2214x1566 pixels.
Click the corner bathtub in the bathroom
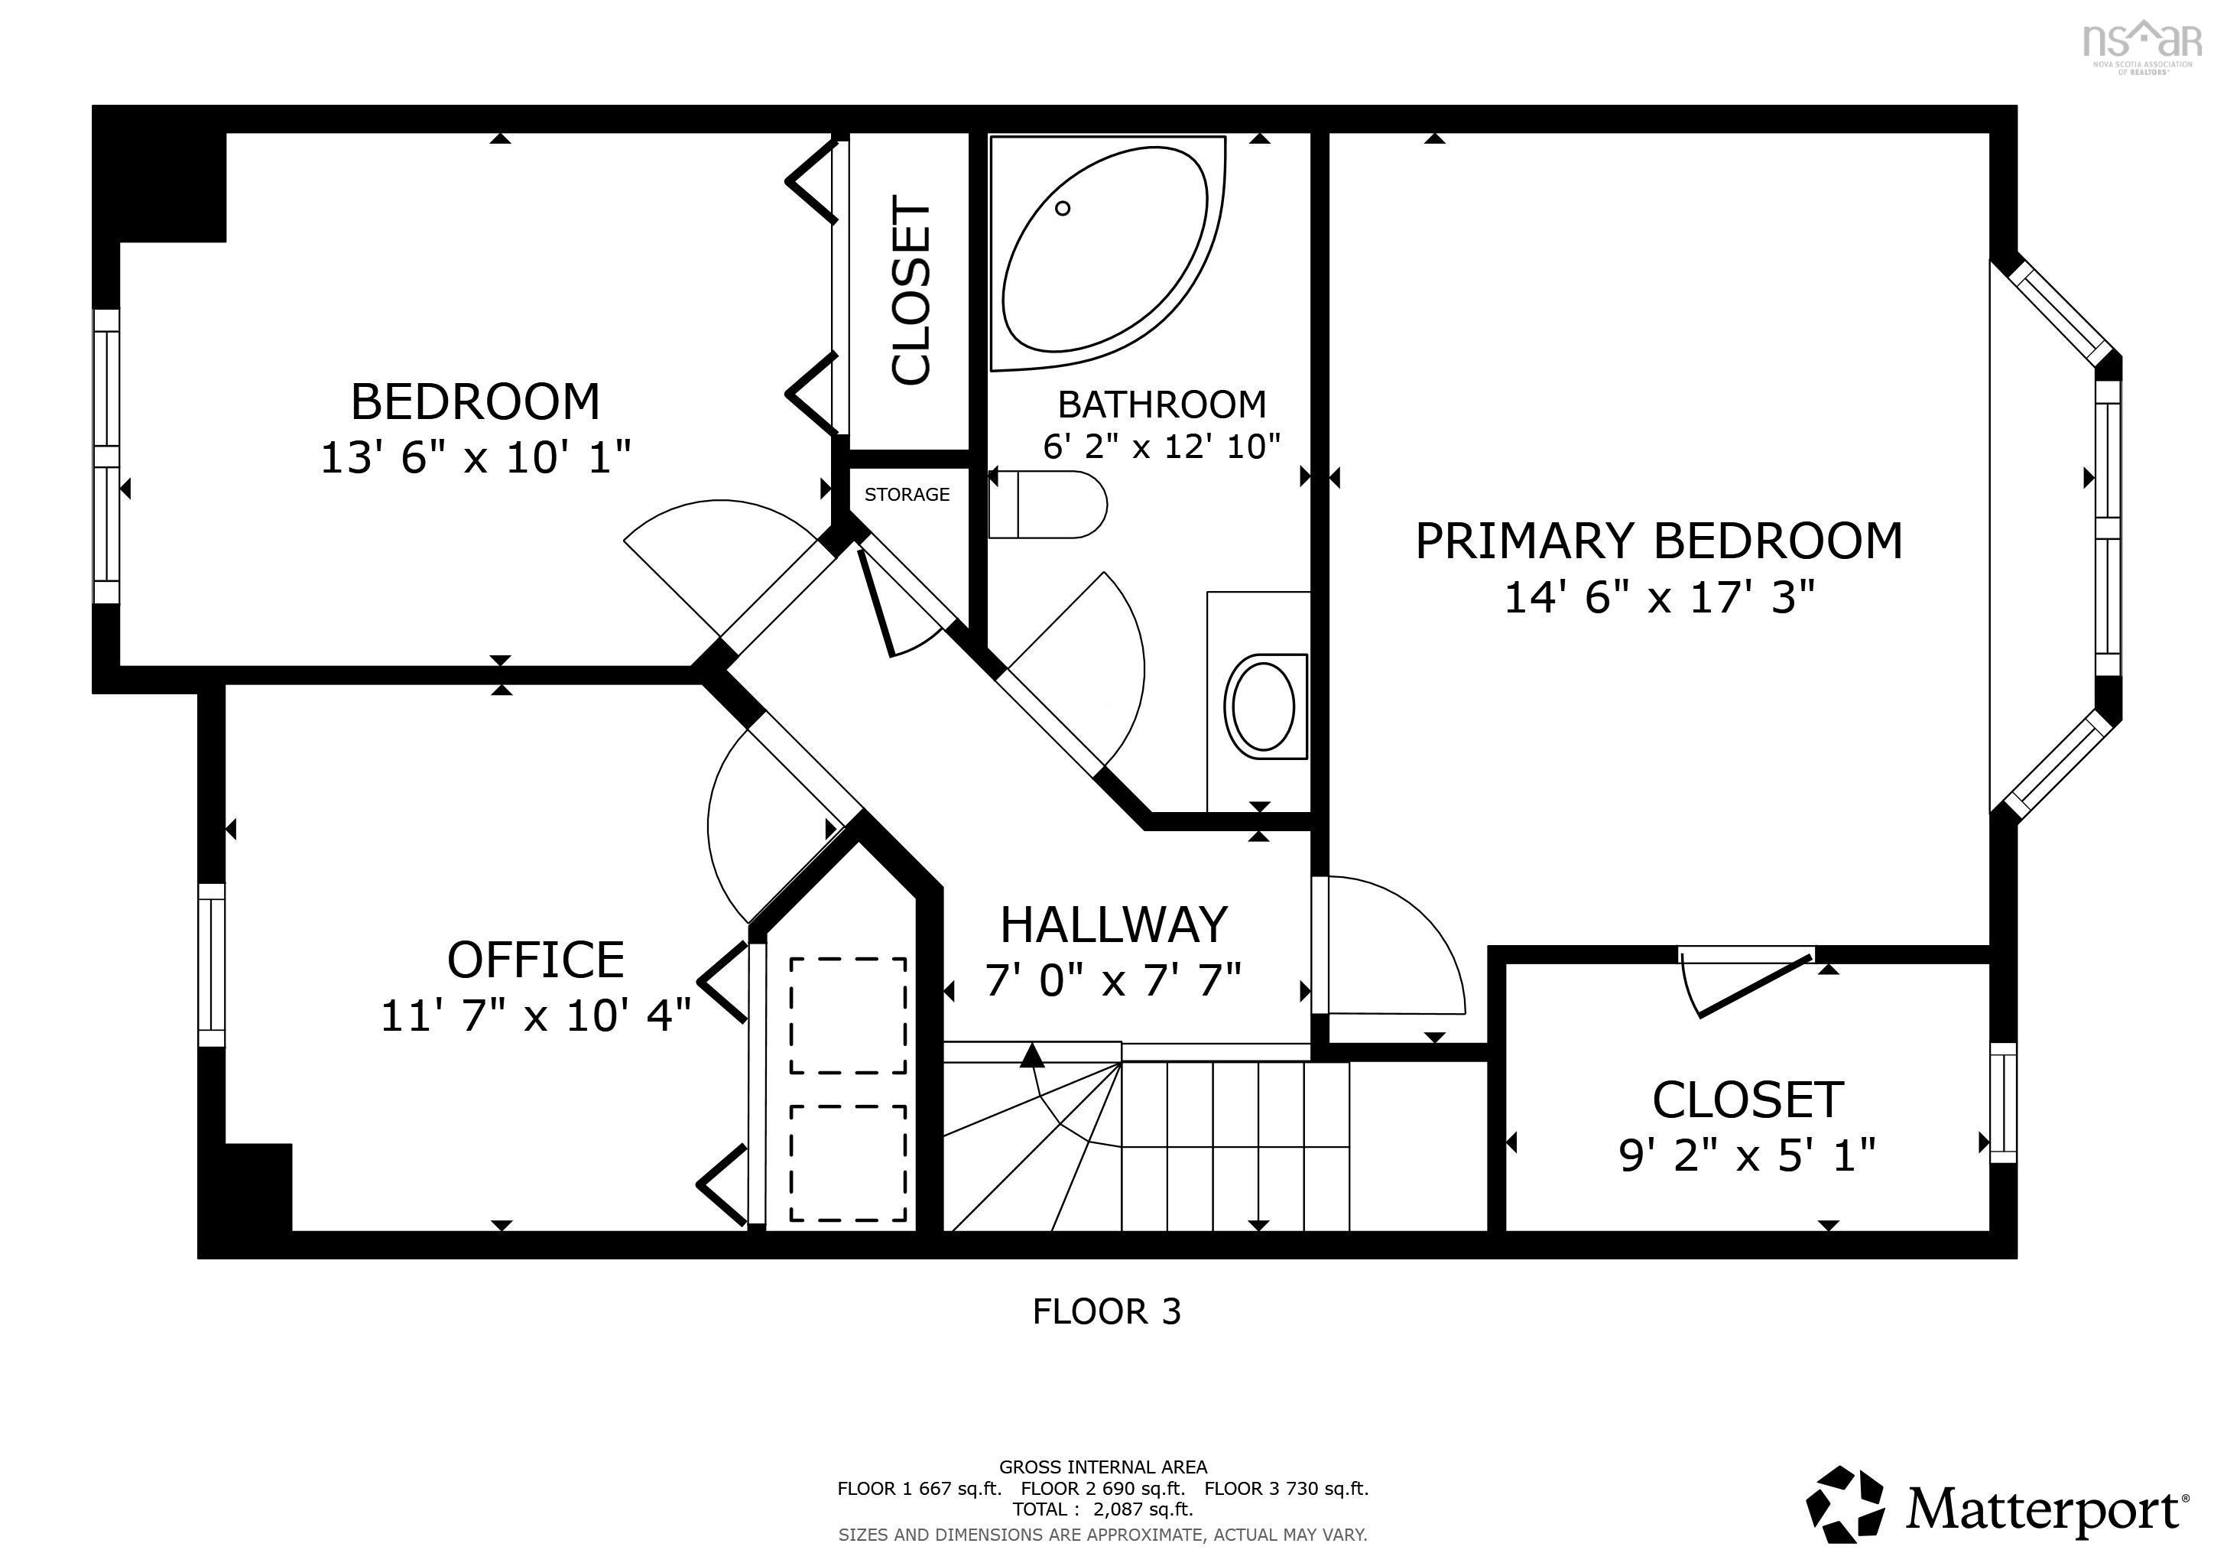pos(1099,252)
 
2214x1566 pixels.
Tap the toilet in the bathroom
pos(1048,505)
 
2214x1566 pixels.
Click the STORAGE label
pos(907,495)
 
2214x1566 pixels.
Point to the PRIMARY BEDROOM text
pos(1658,541)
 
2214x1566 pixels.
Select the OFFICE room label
pos(536,960)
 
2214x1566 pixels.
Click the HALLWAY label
pos(1114,924)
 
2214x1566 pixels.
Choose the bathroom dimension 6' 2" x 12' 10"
pos(1162,447)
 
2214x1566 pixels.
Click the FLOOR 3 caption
pos(1107,1311)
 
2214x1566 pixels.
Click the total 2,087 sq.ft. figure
pos(1143,1509)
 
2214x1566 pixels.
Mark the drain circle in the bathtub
pos(1063,208)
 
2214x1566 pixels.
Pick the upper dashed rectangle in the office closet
pos(848,1015)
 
